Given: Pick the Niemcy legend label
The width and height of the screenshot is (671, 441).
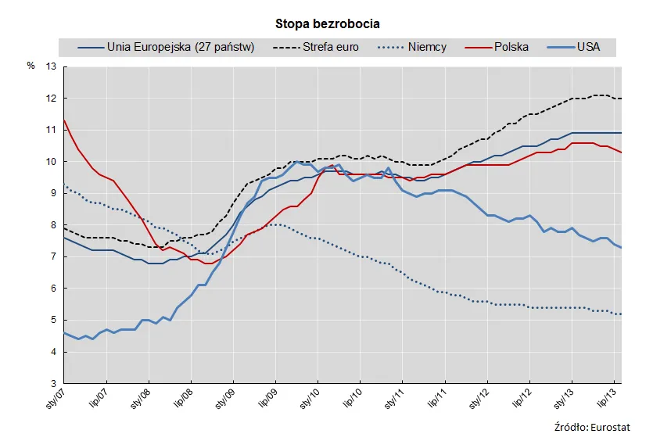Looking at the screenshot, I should click(x=427, y=47).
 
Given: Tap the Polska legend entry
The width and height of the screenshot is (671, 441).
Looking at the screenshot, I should click(x=511, y=47).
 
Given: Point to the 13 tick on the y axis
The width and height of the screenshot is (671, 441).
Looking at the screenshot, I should click(x=52, y=67).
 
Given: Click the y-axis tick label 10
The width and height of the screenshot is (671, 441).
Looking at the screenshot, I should click(x=52, y=162).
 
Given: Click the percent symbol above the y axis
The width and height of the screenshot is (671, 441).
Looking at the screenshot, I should click(x=30, y=66).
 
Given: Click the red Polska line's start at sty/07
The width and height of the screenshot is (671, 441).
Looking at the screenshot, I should click(x=63, y=120).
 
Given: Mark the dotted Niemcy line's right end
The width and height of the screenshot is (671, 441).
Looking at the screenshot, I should click(x=621, y=314).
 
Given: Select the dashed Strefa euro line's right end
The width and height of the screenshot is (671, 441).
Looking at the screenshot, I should click(x=621, y=99).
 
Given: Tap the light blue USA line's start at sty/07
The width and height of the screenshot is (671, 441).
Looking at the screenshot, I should click(x=63, y=333).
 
